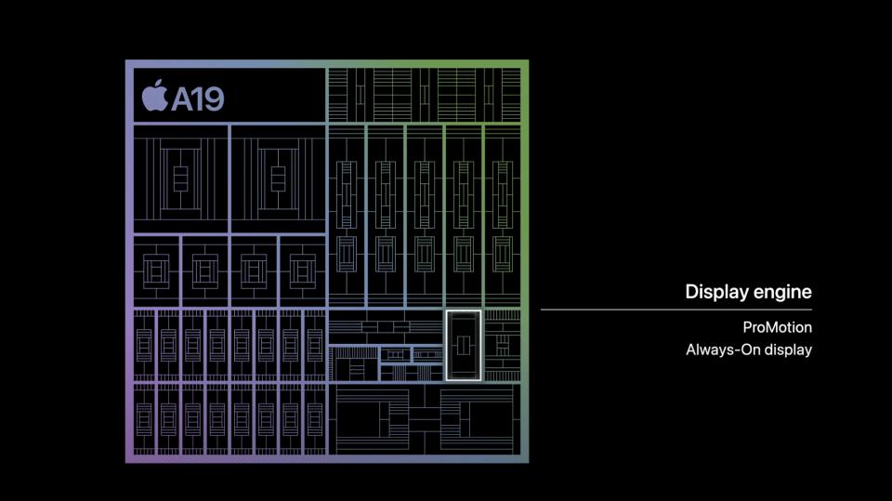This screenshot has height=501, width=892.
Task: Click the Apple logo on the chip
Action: tap(154, 96)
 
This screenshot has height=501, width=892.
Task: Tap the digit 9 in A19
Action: tap(214, 99)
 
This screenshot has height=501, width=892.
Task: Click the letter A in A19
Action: tap(183, 99)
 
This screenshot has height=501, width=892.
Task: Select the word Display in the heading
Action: tap(715, 292)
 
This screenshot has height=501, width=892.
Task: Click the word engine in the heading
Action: tap(780, 293)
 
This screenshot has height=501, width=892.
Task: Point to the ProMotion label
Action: tap(777, 327)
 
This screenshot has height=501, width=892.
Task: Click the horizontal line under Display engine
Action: tap(676, 310)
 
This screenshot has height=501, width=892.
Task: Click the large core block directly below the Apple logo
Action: tap(181, 178)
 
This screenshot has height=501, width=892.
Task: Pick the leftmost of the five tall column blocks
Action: tap(347, 217)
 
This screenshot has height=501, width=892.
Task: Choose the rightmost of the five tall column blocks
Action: tap(503, 217)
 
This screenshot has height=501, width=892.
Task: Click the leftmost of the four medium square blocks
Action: tap(156, 271)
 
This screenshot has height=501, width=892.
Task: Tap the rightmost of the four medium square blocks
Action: tap(303, 271)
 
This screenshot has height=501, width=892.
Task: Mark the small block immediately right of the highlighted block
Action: tap(503, 345)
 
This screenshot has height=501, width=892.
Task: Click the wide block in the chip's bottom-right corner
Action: tap(425, 419)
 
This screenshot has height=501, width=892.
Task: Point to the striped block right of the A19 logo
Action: tap(425, 95)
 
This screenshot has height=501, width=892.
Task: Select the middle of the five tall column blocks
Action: tap(425, 217)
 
